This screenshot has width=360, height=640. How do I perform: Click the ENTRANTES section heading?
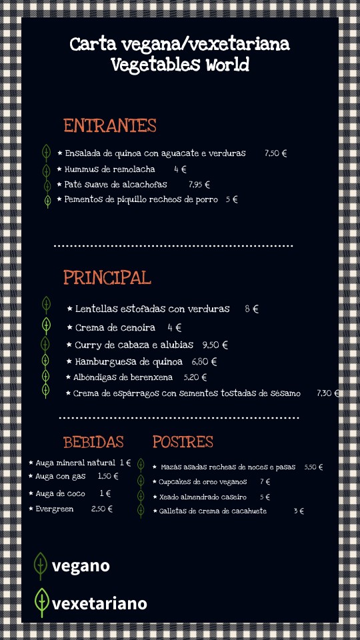[x=110, y=126]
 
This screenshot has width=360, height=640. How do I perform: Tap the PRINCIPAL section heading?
[x=107, y=277]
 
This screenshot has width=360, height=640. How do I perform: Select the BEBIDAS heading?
[x=93, y=442]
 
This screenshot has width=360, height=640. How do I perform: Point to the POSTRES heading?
[x=183, y=442]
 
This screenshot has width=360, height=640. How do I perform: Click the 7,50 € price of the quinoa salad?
[x=275, y=153]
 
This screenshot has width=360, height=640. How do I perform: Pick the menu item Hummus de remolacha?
[x=109, y=169]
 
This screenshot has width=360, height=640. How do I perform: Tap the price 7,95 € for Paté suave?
[x=199, y=185]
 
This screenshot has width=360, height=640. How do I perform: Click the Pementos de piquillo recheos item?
[x=141, y=199]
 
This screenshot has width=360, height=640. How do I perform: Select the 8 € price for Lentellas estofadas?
[x=251, y=309]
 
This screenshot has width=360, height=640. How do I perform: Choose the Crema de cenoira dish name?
[x=115, y=327]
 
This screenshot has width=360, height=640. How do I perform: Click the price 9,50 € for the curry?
[x=215, y=345]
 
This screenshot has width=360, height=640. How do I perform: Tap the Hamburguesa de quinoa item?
[x=128, y=362]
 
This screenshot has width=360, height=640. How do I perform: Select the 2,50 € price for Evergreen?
[x=102, y=509]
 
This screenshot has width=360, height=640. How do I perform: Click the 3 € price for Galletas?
[x=299, y=511]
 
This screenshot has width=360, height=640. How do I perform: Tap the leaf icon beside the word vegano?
[x=41, y=565]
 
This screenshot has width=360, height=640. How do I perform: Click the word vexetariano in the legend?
[x=99, y=604]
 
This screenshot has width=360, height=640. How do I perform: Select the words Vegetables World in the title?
[x=179, y=65]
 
